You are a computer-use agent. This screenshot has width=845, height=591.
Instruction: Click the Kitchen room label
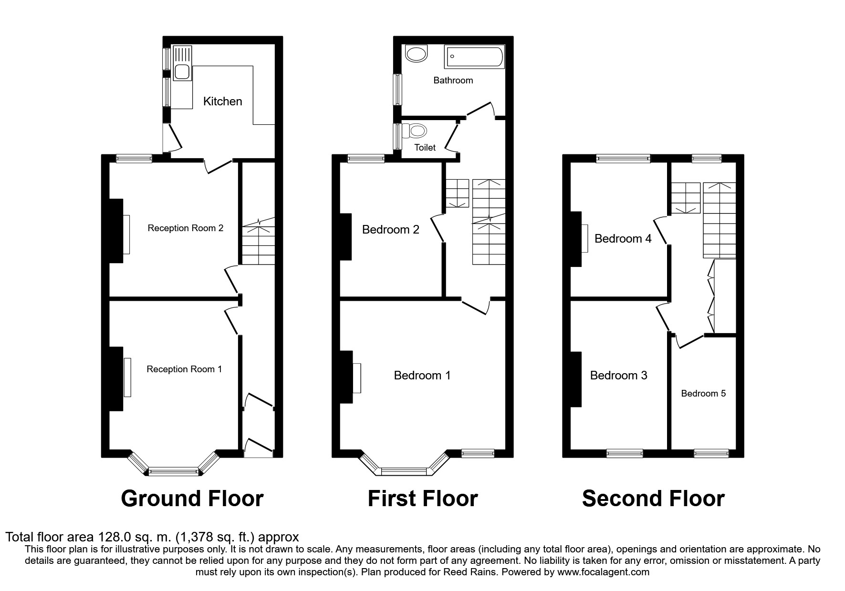(x=222, y=101)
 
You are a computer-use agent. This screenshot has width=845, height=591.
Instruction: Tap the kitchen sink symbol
(x=182, y=71)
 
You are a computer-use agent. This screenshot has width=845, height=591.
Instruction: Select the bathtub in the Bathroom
(x=473, y=57)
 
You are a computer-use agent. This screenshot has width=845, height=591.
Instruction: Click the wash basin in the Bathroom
(x=417, y=53)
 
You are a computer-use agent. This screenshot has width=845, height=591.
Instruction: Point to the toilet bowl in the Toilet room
(x=417, y=130)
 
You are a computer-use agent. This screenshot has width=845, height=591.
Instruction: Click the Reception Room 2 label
(x=185, y=228)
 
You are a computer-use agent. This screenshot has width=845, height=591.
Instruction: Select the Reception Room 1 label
(x=184, y=369)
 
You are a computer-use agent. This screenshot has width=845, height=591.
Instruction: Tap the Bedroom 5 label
(x=703, y=393)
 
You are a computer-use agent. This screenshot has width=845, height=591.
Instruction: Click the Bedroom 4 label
(x=623, y=238)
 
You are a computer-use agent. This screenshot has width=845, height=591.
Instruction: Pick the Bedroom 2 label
(x=390, y=230)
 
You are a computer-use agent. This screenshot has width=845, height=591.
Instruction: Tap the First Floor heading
(x=422, y=499)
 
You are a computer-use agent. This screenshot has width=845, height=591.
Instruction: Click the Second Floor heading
(x=653, y=499)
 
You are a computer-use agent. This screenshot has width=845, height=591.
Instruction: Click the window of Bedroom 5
(x=711, y=453)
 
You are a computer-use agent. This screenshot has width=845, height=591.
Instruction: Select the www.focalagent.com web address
(x=603, y=572)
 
